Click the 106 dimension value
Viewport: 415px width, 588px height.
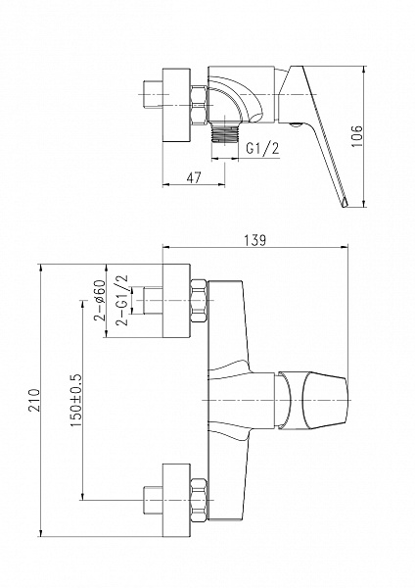click(x=357, y=136)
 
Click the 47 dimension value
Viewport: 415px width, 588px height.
click(x=193, y=177)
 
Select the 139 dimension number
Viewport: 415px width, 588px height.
click(x=255, y=240)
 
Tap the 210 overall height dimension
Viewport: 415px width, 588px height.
click(x=34, y=400)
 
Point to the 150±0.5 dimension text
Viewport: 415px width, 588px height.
click(x=75, y=400)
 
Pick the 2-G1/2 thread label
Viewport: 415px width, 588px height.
click(x=122, y=301)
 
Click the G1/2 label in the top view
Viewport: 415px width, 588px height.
click(x=262, y=149)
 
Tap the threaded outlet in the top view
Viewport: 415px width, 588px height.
click(x=225, y=132)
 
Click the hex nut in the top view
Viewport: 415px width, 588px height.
click(x=199, y=106)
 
